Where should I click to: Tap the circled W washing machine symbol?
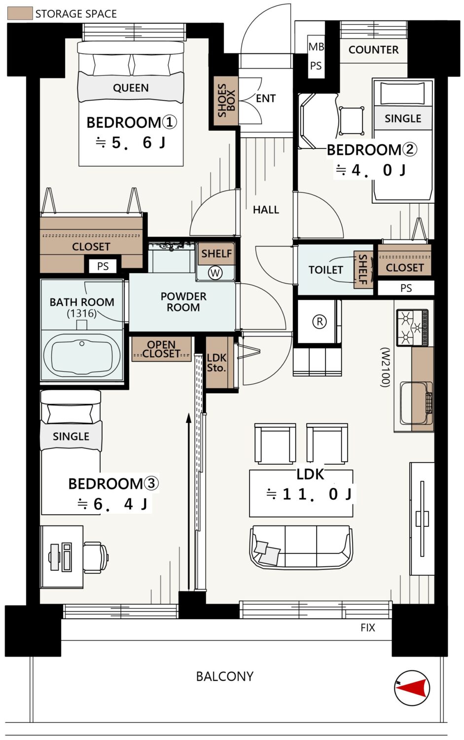click(215, 273)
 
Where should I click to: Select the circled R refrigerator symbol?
click(320, 322)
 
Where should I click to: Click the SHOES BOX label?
click(226, 101)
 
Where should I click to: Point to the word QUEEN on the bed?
click(131, 88)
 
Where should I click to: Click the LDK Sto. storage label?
click(216, 363)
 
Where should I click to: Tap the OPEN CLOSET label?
click(161, 349)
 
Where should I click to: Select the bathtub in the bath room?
click(82, 354)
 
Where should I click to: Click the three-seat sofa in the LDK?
click(301, 547)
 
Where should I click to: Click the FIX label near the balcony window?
click(367, 628)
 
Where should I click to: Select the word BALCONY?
click(224, 676)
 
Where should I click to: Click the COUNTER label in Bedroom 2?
click(373, 50)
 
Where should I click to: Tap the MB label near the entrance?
click(316, 47)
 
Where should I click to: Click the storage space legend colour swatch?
click(20, 13)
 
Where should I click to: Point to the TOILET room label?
click(325, 270)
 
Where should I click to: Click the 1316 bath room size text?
click(82, 313)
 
